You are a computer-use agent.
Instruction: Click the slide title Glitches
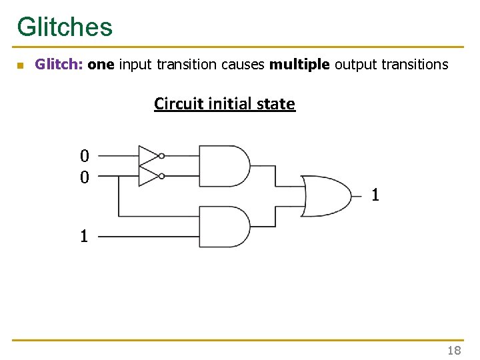[65, 27]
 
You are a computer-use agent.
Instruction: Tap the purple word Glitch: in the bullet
[59, 65]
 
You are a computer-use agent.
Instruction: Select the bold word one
[101, 65]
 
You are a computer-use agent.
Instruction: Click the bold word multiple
[300, 65]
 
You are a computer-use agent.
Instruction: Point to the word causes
[243, 65]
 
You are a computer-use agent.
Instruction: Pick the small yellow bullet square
[20, 65]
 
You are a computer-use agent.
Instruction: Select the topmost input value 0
[84, 157]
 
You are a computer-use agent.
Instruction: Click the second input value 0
[84, 177]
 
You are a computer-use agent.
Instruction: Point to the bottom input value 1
[84, 236]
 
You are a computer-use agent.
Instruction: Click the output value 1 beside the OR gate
[375, 195]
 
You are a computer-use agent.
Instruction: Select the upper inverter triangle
[149, 155]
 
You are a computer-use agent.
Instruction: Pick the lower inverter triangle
[149, 176]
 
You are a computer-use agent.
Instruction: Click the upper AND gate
[223, 166]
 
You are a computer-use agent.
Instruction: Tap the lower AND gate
[223, 227]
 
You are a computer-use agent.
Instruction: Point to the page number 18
[454, 351]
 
